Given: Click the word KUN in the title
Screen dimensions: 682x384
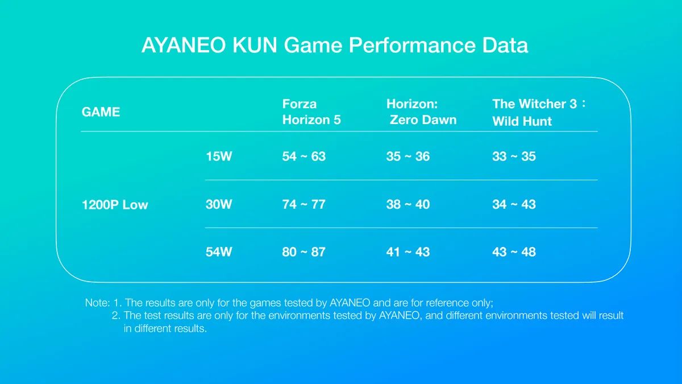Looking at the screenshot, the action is [x=255, y=46].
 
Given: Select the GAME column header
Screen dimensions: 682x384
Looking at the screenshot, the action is [x=101, y=112].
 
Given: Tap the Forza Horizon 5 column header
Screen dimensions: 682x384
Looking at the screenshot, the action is [x=311, y=112].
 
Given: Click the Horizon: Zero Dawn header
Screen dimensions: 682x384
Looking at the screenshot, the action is [x=421, y=112].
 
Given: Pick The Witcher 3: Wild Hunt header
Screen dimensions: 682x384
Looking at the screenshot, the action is [x=539, y=113].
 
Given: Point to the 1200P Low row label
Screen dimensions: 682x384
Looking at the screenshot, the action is [x=115, y=205].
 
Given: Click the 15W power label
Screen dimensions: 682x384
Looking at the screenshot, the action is [x=219, y=156].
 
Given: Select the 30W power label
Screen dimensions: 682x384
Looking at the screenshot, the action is [x=219, y=204].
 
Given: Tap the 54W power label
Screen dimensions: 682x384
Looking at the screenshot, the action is [x=219, y=252].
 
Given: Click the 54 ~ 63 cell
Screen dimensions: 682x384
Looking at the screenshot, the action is [x=304, y=156].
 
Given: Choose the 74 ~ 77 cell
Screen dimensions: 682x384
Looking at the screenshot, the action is [x=304, y=204].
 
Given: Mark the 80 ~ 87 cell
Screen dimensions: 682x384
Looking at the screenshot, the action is [x=304, y=252].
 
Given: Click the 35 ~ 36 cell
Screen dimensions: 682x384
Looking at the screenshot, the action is [x=408, y=156].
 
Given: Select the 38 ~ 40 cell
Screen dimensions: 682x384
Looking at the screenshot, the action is [x=408, y=204].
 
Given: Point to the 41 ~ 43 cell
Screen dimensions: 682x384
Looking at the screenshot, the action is [x=408, y=252].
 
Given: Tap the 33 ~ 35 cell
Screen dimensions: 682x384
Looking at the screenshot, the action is [x=514, y=156].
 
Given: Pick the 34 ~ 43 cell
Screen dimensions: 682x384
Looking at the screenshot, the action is [x=514, y=204].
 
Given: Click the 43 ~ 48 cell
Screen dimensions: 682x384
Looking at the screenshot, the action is [x=514, y=252].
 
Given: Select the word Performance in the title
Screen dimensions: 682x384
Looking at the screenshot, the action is [x=412, y=46].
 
